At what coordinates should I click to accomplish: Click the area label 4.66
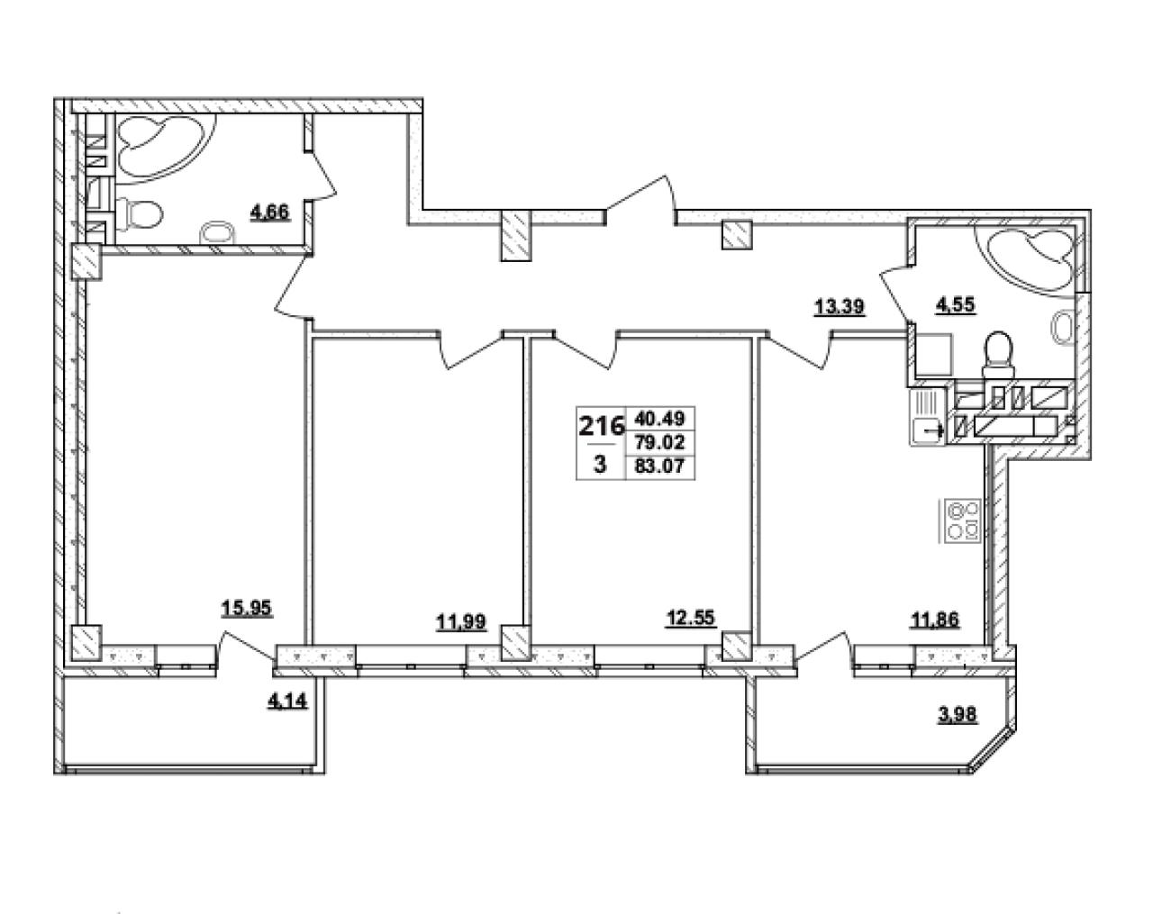[x=269, y=213]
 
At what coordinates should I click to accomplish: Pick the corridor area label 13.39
[x=839, y=307]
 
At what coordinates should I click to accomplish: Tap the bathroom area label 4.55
[x=956, y=304]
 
